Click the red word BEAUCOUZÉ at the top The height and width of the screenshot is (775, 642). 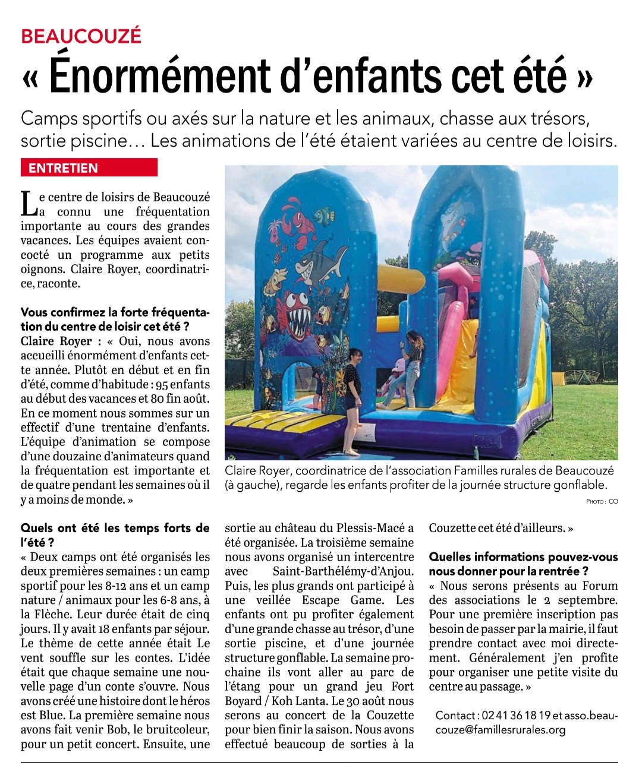pos(81,36)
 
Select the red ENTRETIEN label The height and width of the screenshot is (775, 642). pos(63,168)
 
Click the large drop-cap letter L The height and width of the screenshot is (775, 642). pos(28,204)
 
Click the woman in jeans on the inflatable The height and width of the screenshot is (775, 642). pos(411,365)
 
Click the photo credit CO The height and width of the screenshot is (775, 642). pos(612,501)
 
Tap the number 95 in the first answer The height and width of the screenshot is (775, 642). pos(162,384)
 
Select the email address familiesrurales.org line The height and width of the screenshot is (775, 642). pos(501,730)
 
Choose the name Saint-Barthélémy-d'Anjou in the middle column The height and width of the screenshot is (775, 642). pos(342,571)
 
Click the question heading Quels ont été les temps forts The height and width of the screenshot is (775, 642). pos(115,528)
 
